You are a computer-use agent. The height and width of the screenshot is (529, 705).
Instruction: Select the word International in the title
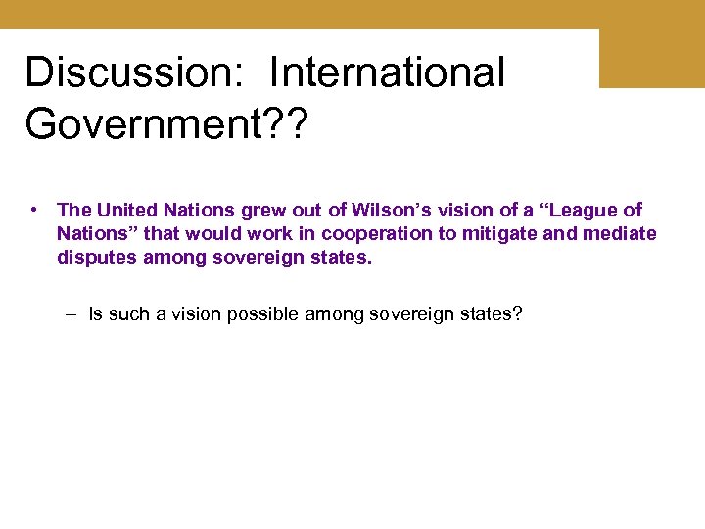pos(387,72)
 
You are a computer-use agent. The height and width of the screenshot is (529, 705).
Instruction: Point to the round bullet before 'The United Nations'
pos(34,210)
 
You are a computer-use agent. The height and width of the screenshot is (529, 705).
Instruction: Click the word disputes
pos(94,259)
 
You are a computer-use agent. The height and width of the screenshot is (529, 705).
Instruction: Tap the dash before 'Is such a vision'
pos(73,315)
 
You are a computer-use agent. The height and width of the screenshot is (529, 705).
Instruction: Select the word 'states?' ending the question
pos(495,315)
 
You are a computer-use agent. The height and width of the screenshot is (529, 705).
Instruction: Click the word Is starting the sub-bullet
pos(95,315)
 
